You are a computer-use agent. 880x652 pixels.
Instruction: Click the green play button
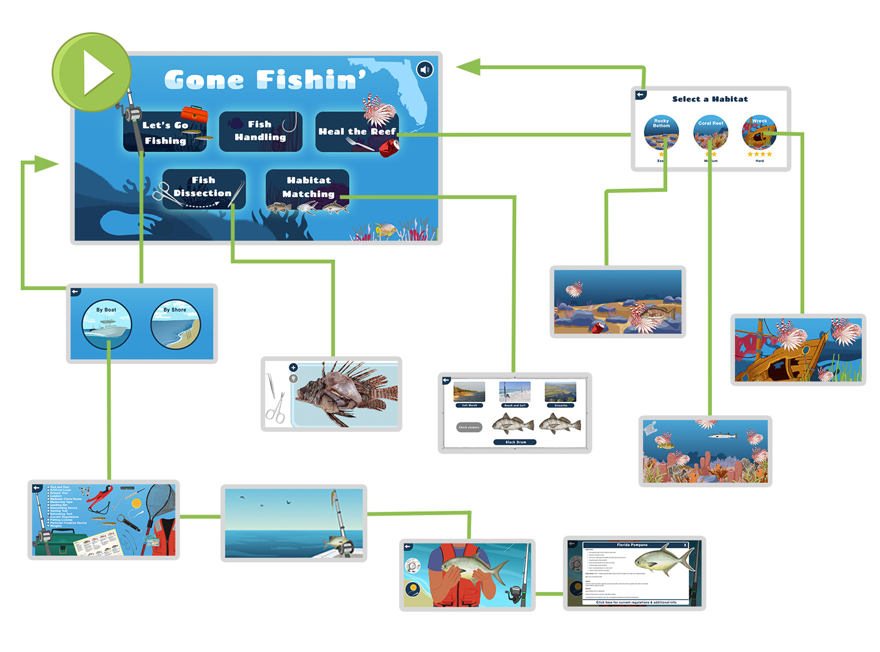[x=92, y=72]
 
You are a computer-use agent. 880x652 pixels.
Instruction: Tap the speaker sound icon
[x=425, y=70]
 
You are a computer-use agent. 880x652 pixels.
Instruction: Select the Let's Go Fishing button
[x=165, y=133]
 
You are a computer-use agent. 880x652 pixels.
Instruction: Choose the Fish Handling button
[x=260, y=131]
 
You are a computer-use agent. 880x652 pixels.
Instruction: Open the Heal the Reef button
[x=357, y=132]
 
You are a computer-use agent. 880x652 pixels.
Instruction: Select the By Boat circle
[x=107, y=325]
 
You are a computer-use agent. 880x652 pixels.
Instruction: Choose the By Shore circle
[x=175, y=325]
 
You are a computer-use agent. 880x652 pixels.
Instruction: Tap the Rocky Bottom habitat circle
[x=661, y=133]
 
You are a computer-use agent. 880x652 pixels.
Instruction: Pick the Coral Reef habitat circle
[x=710, y=133]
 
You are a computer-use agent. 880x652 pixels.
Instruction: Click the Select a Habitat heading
[x=710, y=99]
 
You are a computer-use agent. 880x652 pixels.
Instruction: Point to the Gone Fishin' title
[x=265, y=80]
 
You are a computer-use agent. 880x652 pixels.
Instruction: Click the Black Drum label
[x=515, y=442]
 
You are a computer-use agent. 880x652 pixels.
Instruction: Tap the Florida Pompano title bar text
[x=632, y=545]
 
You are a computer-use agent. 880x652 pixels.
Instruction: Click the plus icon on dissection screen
[x=293, y=368]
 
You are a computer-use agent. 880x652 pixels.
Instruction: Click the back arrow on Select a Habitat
[x=640, y=94]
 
